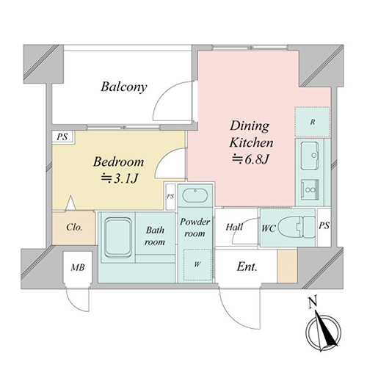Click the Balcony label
pos(124,87)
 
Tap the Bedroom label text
pos(118,161)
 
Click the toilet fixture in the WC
pos(297,228)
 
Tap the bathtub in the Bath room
pos(117,237)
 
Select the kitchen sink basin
pos(310,156)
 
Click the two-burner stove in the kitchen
pos(310,189)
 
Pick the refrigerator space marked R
pos(312,122)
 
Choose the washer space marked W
pos(197,265)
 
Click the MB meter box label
pos(78,267)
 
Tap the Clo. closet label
pos(74,228)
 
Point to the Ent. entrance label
pos(247,266)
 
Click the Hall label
pos(234,227)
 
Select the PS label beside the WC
pos(324,225)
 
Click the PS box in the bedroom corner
pos(62,137)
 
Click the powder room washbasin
pos(195,195)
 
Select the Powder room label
pos(195,228)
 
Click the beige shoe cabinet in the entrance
pos(287,266)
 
